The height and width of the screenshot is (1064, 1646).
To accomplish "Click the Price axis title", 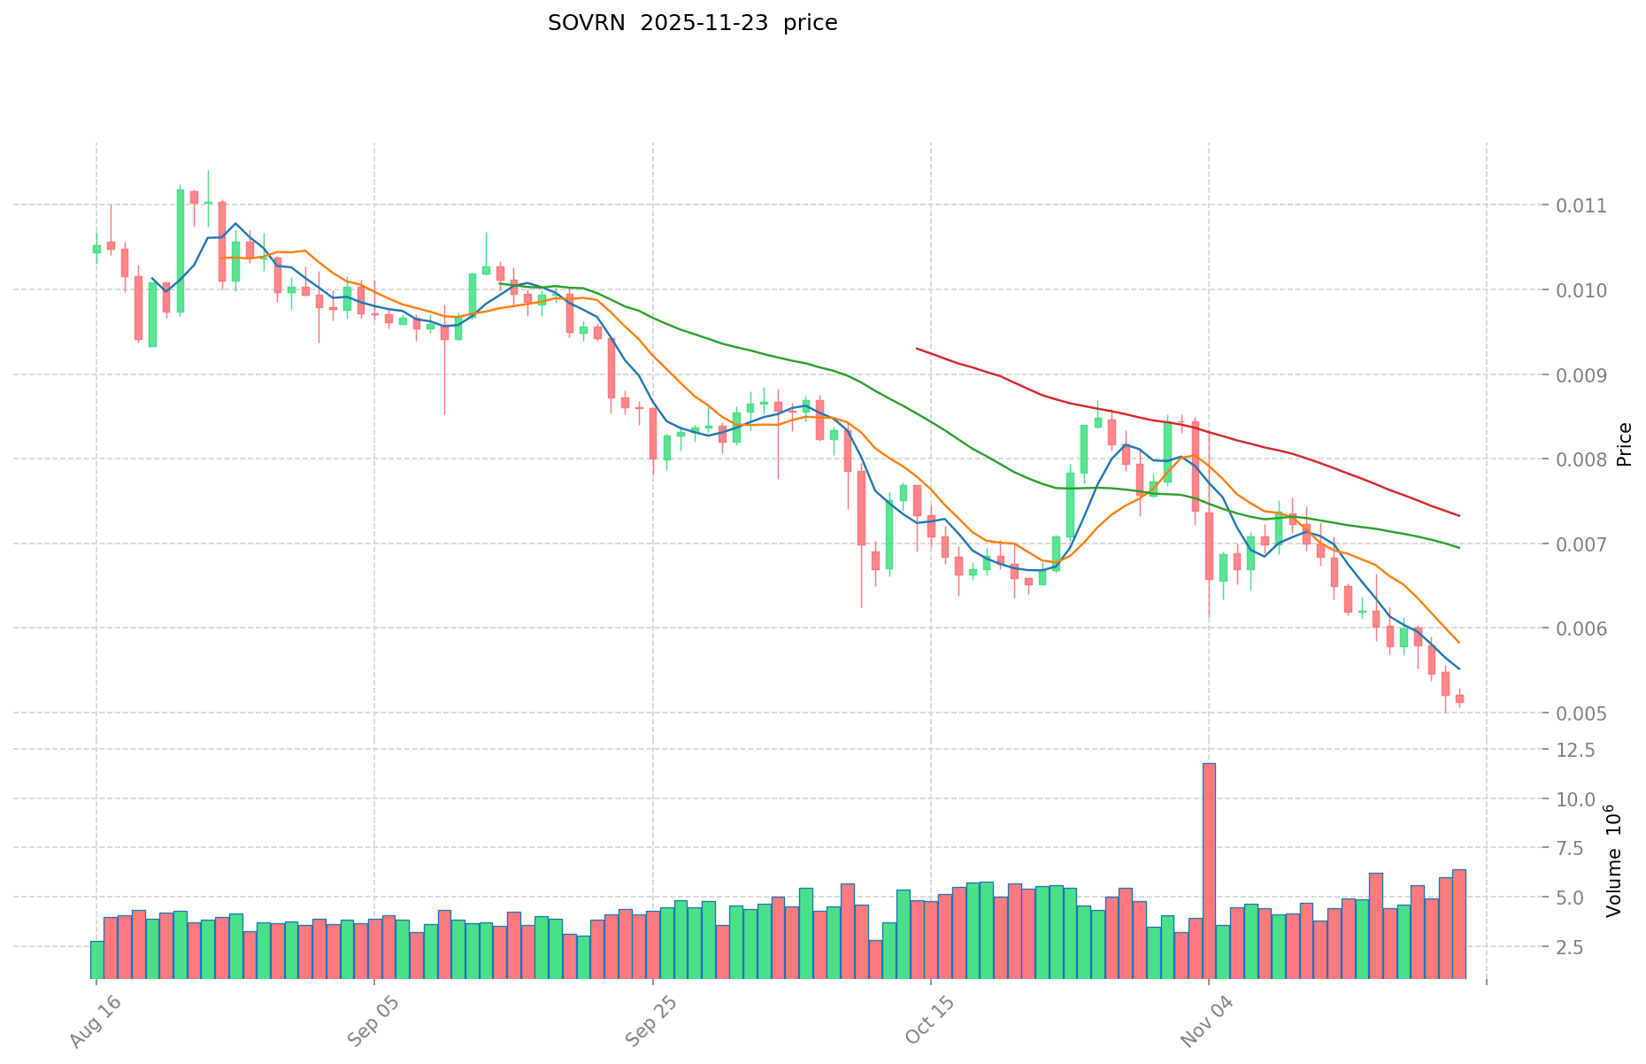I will (1624, 443).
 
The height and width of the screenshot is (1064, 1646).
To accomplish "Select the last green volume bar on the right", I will (1404, 941).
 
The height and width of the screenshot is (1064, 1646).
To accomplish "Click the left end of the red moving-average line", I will (917, 349).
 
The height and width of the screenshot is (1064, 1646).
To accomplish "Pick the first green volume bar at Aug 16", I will (96, 960).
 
